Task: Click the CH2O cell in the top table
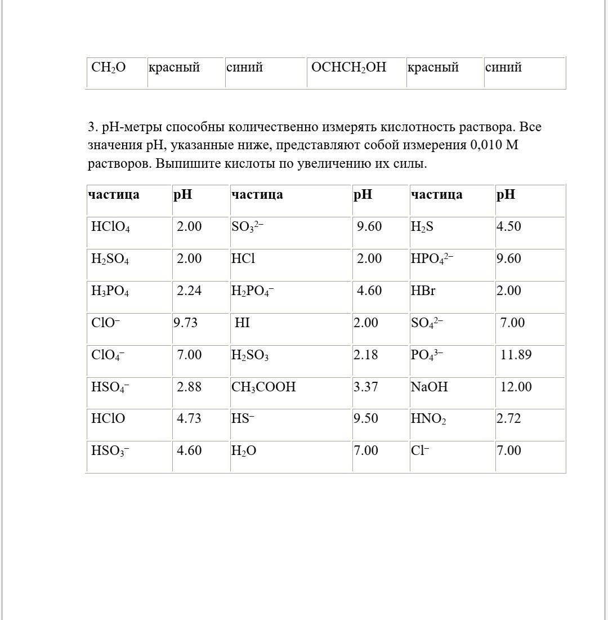(x=109, y=68)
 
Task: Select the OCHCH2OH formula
(x=348, y=68)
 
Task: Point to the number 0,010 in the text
(x=486, y=145)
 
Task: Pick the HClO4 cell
(x=110, y=227)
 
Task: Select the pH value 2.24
(x=189, y=291)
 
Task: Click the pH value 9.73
(x=185, y=323)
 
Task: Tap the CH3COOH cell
(x=263, y=387)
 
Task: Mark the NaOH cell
(x=429, y=387)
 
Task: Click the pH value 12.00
(x=516, y=387)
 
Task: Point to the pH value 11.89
(x=516, y=355)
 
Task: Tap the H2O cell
(x=244, y=451)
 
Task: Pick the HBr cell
(x=423, y=291)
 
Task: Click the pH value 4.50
(x=508, y=226)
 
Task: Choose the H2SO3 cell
(x=250, y=355)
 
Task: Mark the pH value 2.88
(x=189, y=387)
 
